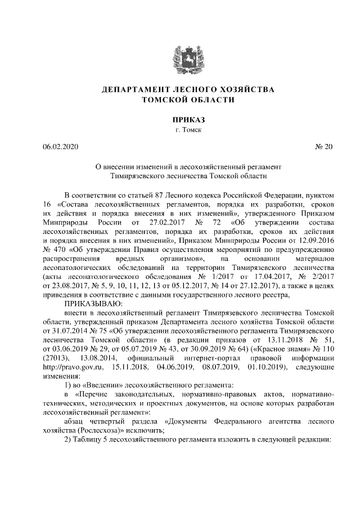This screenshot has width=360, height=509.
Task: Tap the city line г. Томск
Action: pos(180,130)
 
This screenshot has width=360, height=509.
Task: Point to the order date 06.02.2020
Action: pos(61,147)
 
